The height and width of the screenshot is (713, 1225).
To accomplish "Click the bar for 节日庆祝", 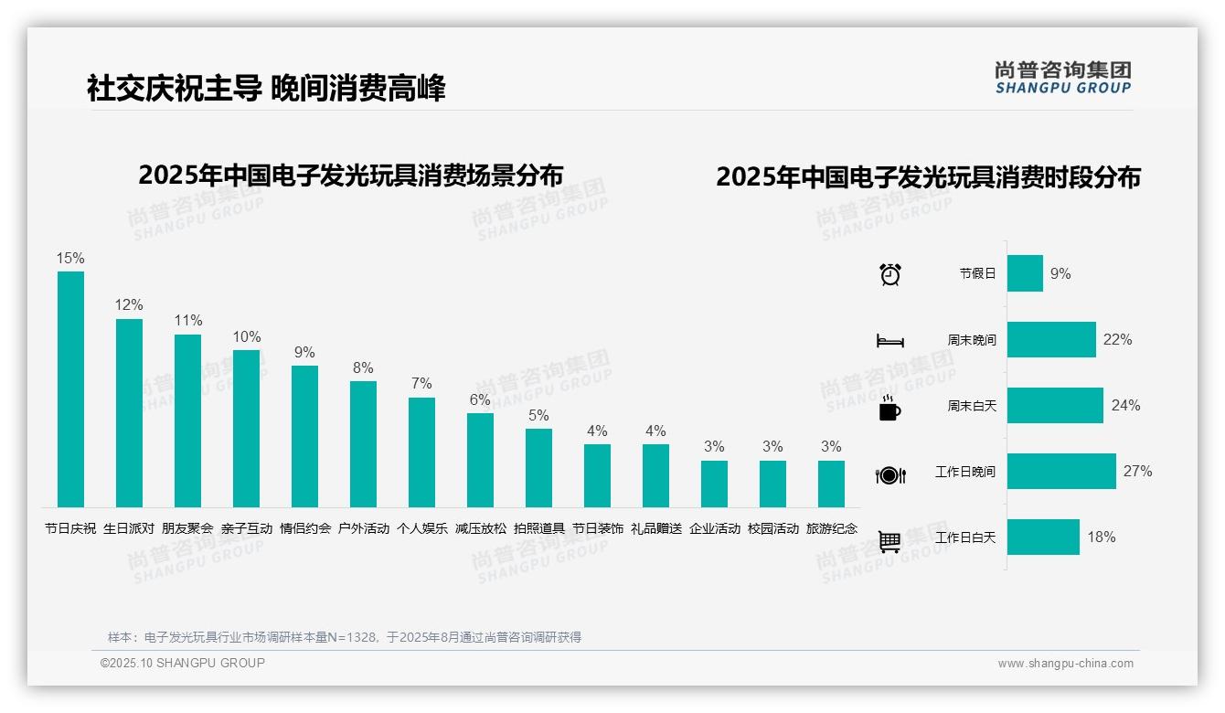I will pyautogui.click(x=70, y=388).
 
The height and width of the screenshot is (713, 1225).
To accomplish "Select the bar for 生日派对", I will pyautogui.click(x=129, y=412).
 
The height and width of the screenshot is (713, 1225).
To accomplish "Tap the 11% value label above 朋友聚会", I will pyautogui.click(x=188, y=321).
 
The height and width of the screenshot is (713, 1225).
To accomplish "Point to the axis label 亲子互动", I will pyautogui.click(x=246, y=528).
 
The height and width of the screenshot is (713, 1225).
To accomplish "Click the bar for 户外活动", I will pyautogui.click(x=363, y=443).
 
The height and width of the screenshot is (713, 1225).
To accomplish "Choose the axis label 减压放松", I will pyautogui.click(x=480, y=528).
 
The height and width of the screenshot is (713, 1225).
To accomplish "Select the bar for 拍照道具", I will pyautogui.click(x=538, y=467).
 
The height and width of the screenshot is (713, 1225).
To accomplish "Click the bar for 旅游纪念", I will pyautogui.click(x=831, y=484).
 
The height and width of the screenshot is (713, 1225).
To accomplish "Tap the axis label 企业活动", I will pyautogui.click(x=714, y=528).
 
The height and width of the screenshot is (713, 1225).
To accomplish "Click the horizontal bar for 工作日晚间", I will pyautogui.click(x=1061, y=472).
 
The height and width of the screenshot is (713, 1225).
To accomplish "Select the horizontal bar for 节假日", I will pyautogui.click(x=1025, y=273).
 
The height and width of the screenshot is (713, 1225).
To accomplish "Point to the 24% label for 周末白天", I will pyautogui.click(x=1125, y=406).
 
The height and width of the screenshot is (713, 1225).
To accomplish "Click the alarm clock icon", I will pyautogui.click(x=889, y=274).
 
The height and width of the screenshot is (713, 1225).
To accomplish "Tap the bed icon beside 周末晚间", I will pyautogui.click(x=889, y=341).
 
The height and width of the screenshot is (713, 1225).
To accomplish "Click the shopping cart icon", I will pyautogui.click(x=889, y=541).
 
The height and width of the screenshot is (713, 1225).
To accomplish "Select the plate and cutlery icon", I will pyautogui.click(x=889, y=474).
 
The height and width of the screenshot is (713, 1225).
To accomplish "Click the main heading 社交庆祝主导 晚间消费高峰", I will pyautogui.click(x=266, y=89).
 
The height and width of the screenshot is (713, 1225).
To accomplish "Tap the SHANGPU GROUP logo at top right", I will pyautogui.click(x=1062, y=78).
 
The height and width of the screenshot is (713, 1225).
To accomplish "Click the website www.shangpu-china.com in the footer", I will pyautogui.click(x=1065, y=664).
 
